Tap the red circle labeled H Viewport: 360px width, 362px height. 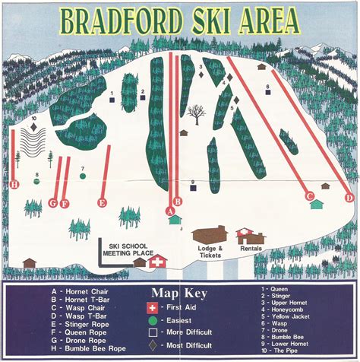[x=13, y=183]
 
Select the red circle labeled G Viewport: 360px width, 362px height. [x=52, y=202]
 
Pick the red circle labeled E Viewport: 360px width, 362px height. [x=103, y=202]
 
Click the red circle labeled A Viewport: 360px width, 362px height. [x=169, y=211]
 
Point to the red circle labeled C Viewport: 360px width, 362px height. [x=309, y=195]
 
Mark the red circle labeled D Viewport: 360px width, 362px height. [x=349, y=197]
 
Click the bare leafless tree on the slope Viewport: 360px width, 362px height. [x=197, y=115]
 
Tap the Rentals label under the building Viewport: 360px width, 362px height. [x=251, y=249]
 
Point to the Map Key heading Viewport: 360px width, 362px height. [x=181, y=293]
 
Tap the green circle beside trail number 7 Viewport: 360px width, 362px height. [x=82, y=176]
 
